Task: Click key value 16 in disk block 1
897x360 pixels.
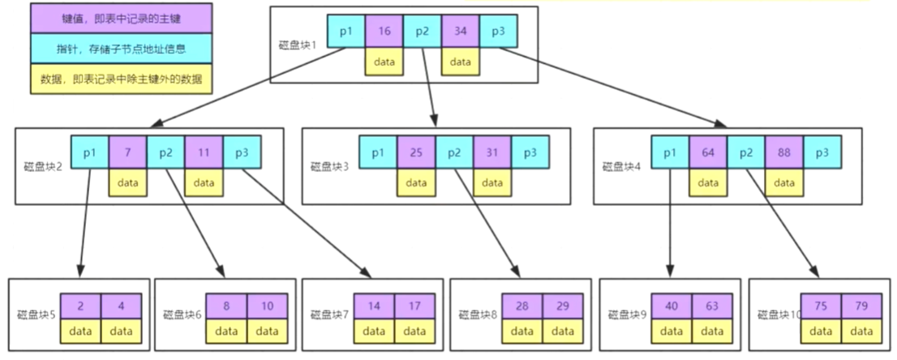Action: [384, 32]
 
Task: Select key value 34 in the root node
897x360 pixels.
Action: [461, 32]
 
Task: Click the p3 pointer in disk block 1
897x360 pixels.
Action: [498, 32]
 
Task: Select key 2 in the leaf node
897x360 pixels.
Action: [81, 307]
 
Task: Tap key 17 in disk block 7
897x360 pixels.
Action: [414, 307]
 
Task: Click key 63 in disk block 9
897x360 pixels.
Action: [712, 307]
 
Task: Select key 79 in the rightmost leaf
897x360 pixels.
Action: [861, 307]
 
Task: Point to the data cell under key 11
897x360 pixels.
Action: [203, 182]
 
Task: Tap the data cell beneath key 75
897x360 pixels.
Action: [821, 332]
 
